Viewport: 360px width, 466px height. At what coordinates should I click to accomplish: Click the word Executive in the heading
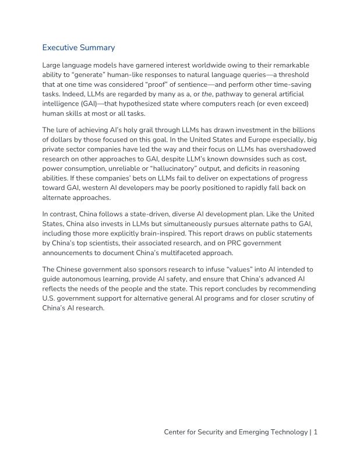[61, 48]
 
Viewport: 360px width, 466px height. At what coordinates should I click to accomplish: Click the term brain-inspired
[149, 234]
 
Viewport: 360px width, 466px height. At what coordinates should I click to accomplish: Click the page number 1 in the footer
[315, 432]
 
